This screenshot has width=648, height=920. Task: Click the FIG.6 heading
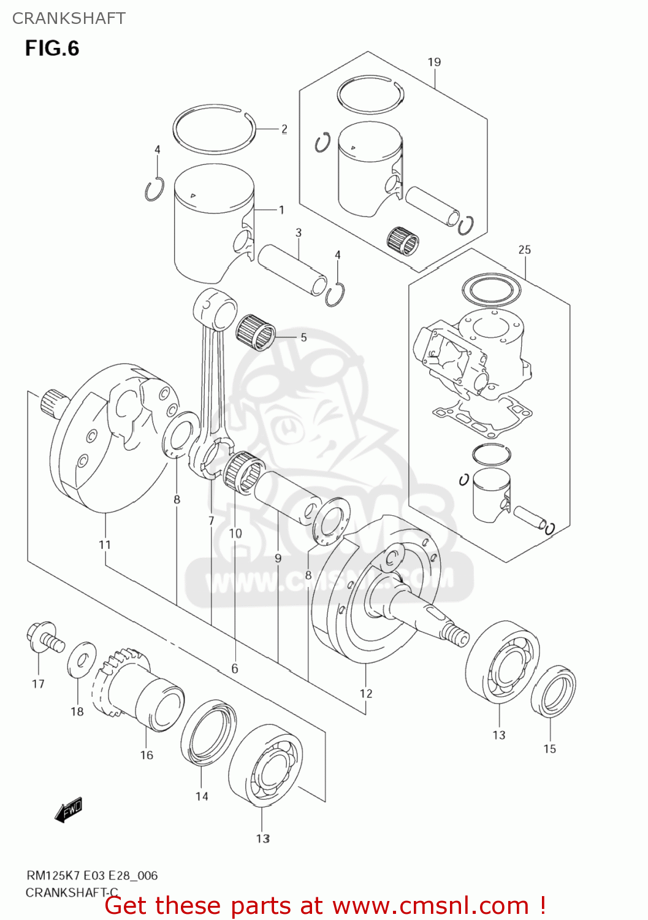point(52,48)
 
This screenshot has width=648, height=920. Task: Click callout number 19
point(434,62)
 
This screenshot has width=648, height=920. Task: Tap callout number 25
point(524,250)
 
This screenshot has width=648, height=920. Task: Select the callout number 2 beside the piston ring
point(284,129)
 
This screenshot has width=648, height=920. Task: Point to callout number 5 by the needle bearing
point(303,337)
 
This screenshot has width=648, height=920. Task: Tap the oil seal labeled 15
point(553,692)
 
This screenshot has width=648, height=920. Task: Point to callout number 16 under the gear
point(147,755)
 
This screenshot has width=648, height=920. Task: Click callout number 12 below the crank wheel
point(365,693)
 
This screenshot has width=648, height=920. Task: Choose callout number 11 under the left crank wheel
point(105,545)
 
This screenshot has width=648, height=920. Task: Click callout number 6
point(235,669)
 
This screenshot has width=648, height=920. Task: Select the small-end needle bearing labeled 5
point(256,332)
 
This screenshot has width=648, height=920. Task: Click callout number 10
point(235,534)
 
